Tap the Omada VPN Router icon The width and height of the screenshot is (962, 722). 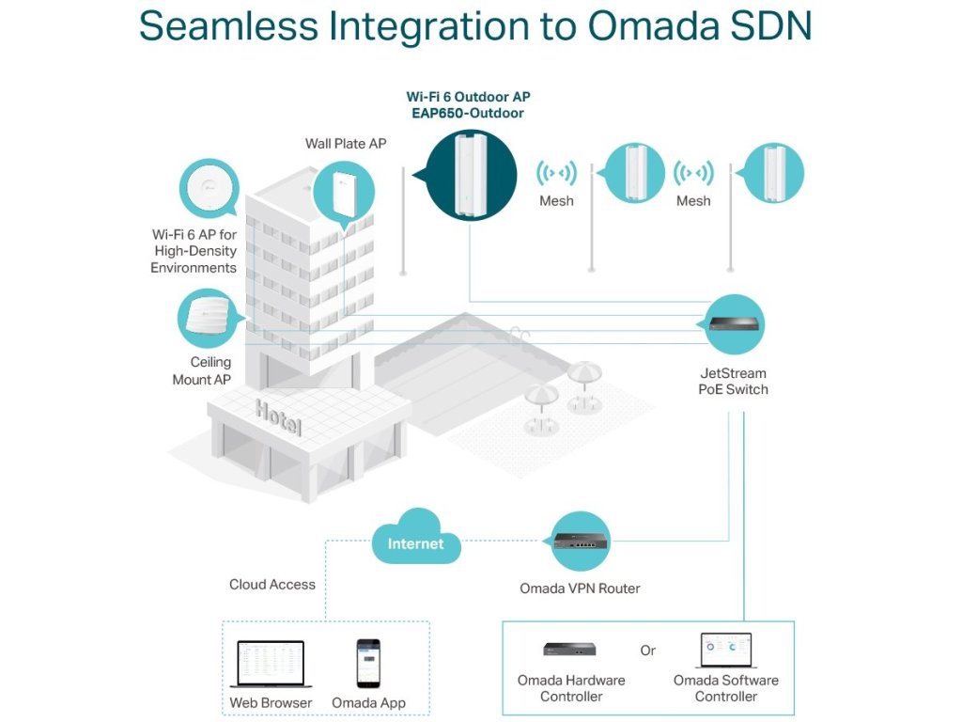click(581, 541)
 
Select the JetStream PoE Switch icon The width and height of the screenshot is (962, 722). click(734, 324)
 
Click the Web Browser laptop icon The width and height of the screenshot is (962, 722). click(271, 664)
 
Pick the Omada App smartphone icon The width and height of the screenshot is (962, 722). click(368, 664)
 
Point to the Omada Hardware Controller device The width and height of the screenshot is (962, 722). click(569, 649)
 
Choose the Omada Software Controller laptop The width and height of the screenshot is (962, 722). click(726, 651)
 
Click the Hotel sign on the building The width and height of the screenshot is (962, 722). click(278, 417)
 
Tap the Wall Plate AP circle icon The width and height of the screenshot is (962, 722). click(344, 193)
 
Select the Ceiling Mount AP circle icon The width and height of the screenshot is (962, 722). click(209, 319)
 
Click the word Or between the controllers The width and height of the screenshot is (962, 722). click(648, 651)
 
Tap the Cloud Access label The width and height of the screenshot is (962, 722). click(272, 585)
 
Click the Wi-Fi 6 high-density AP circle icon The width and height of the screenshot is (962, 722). click(209, 188)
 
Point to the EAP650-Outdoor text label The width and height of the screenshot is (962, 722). click(468, 113)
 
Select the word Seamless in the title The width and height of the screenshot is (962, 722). click(229, 25)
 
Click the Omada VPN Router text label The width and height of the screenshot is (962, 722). click(580, 589)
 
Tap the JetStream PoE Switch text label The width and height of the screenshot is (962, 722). click(733, 382)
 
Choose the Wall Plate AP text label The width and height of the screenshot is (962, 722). click(346, 144)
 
